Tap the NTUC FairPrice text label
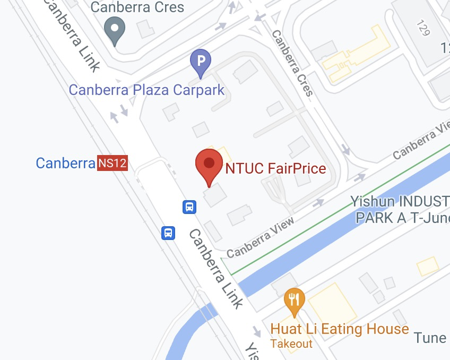tap(275, 169)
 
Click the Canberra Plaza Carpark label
tap(147, 89)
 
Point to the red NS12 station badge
tap(112, 163)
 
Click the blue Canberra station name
tap(65, 163)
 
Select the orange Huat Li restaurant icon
tap(293, 300)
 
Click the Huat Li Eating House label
tap(340, 329)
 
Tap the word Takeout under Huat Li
tap(291, 344)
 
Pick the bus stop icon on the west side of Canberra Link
tap(168, 233)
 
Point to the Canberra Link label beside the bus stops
tap(215, 269)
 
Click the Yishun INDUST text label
tap(400, 202)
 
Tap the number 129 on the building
tap(423, 28)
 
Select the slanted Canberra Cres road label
tap(292, 63)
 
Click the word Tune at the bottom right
tap(430, 338)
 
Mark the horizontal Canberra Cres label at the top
tap(137, 7)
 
